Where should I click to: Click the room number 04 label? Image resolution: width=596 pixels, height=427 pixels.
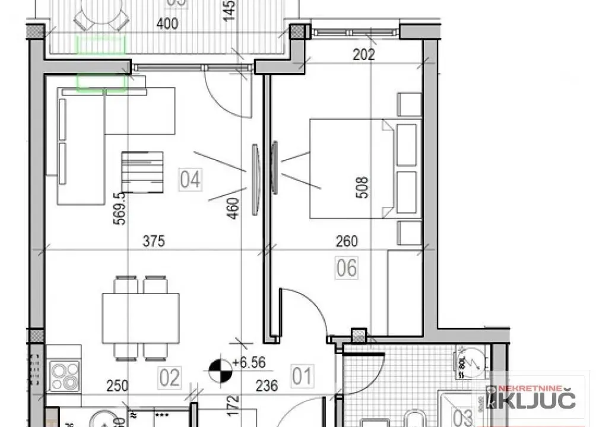(x=190, y=179)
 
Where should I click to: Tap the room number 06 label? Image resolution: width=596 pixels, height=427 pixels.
(x=347, y=268)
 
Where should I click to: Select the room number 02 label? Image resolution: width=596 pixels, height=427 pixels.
(x=169, y=378)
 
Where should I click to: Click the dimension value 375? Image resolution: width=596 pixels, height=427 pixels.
(x=153, y=241)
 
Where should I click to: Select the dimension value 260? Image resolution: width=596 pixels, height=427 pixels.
(x=347, y=241)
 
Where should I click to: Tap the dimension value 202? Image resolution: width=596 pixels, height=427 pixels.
(x=363, y=55)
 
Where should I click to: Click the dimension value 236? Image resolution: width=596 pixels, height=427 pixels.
(x=266, y=386)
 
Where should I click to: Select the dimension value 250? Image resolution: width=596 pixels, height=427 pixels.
(x=118, y=386)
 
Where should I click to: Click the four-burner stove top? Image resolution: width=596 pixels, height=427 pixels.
(x=65, y=375)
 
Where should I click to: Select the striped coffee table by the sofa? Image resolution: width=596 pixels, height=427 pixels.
(x=142, y=172)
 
